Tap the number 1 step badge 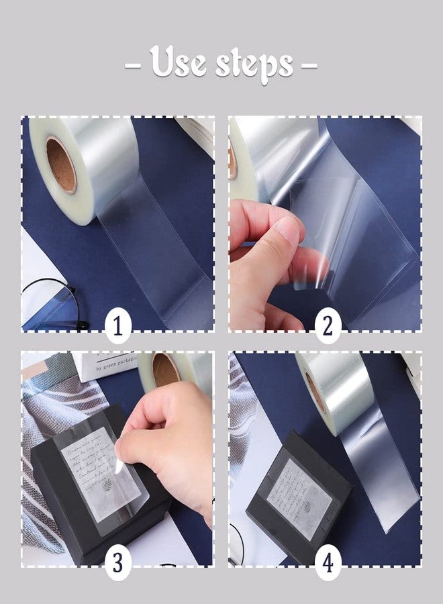[118, 326]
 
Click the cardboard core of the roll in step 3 [166, 370]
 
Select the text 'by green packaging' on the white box [110, 367]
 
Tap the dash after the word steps [309, 66]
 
